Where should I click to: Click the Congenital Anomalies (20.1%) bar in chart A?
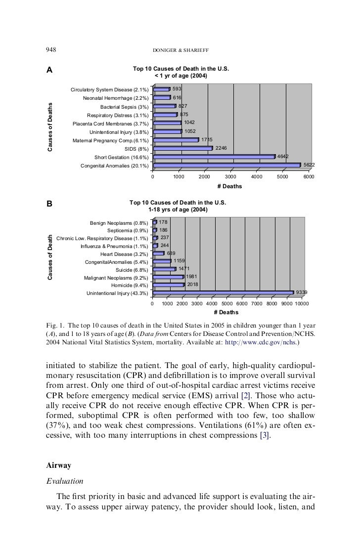point(227,165)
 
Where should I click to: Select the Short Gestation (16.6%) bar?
point(214,157)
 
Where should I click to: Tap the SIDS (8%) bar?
point(183,148)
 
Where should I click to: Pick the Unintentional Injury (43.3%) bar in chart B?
point(223,293)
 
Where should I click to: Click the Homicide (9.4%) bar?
point(168,285)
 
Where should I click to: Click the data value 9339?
point(302,292)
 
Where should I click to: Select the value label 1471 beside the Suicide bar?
point(184,269)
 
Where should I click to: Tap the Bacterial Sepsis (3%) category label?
point(124,107)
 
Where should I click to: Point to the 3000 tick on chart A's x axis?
point(230,176)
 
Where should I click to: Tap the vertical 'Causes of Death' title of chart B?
point(50,257)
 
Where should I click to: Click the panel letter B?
point(49,203)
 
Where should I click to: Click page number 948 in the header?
point(51,50)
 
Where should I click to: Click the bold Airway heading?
point(58,465)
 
